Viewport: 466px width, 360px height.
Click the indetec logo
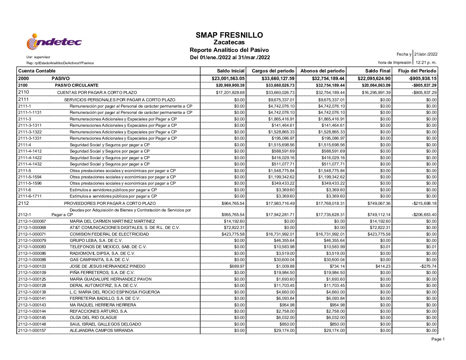coord(54,42)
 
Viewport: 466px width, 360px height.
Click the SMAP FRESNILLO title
coord(229,35)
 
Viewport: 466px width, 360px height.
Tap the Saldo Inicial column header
coord(231,71)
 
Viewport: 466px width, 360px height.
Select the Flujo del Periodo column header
coord(417,71)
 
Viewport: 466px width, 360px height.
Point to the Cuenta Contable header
coord(37,71)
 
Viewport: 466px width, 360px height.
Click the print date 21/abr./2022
coord(426,54)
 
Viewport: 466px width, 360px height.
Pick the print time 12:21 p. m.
coord(426,63)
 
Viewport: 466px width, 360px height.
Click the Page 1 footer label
coord(438,339)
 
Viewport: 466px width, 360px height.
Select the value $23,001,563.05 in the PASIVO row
coord(228,78)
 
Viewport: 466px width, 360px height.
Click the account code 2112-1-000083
coord(32,247)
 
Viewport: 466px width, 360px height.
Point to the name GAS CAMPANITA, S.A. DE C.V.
coord(100,260)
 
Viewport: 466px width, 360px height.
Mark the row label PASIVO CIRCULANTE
coord(76,85)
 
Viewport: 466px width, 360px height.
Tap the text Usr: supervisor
coord(38,57)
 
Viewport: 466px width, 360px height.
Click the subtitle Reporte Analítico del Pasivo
coord(229,50)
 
